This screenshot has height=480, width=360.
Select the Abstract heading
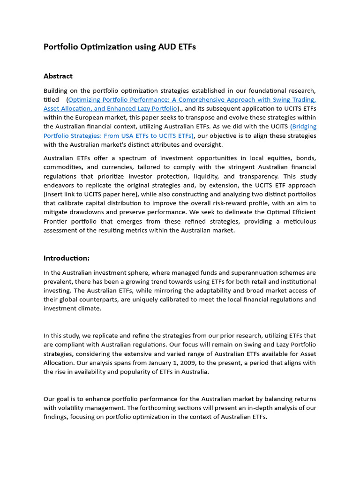click(x=58, y=76)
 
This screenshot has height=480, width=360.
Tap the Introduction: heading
click(x=67, y=258)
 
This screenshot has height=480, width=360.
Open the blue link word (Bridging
click(x=303, y=127)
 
